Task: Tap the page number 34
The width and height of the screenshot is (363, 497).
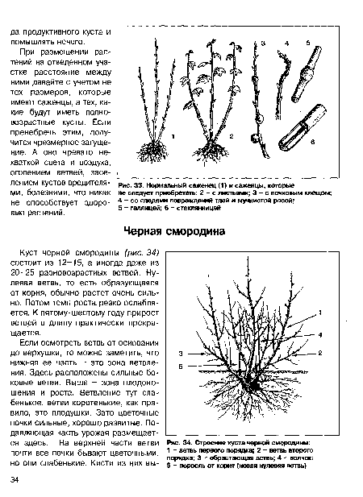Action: tap(15, 480)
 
